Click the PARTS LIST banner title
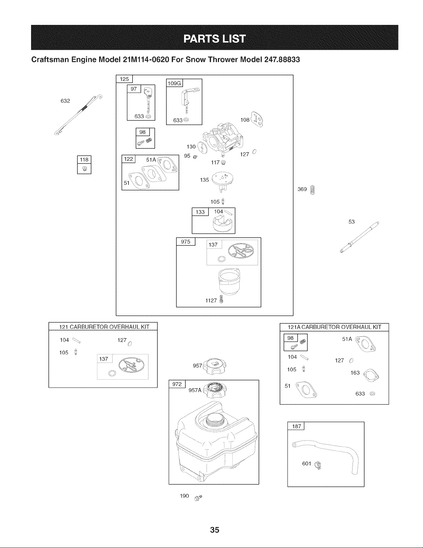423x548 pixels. click(214, 39)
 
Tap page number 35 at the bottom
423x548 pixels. click(215, 530)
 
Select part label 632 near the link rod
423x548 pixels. click(65, 101)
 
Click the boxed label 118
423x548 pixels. click(84, 160)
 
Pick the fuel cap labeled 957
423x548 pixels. click(214, 366)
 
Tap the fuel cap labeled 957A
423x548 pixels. click(215, 390)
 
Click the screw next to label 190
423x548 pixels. click(198, 498)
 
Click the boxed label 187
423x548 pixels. click(296, 426)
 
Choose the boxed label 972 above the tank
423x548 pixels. click(177, 384)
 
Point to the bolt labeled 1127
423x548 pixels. click(221, 299)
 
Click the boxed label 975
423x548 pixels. click(185, 242)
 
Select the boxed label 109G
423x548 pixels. click(174, 83)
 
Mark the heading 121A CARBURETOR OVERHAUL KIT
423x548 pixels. click(334, 327)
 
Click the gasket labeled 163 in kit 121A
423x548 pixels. click(371, 375)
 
